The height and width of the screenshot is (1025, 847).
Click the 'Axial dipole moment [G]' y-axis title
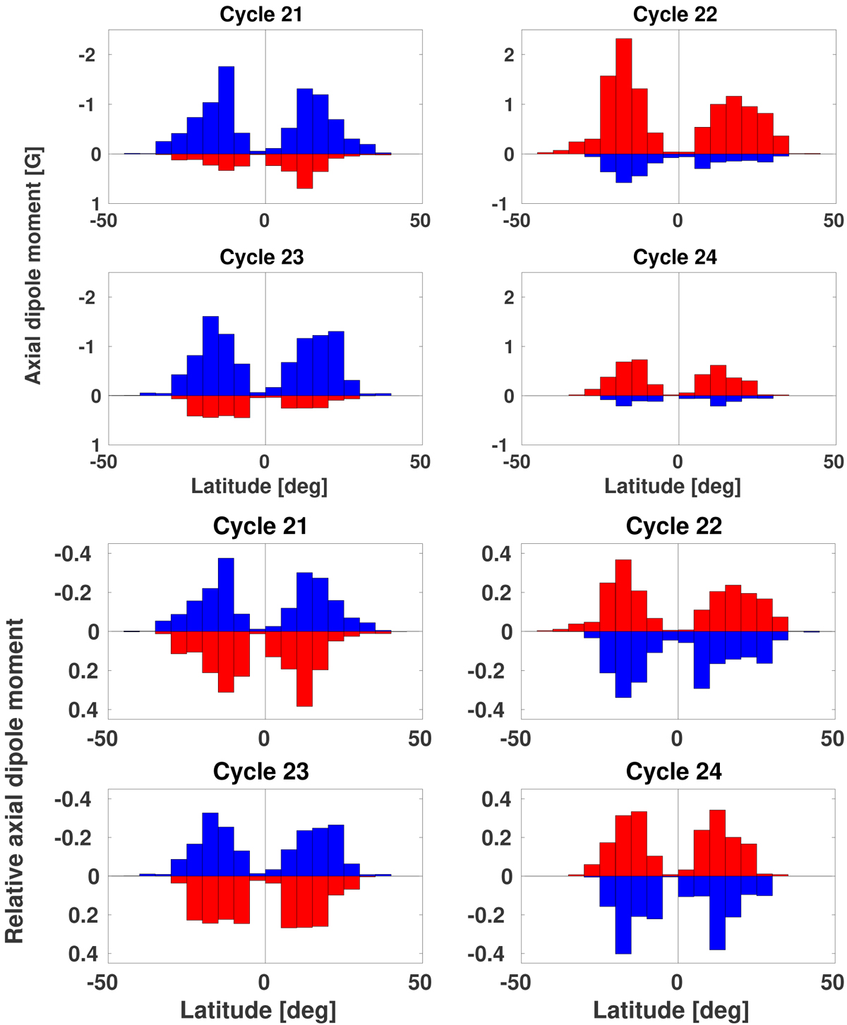click(33, 265)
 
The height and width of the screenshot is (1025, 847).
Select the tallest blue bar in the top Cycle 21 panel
click(226, 110)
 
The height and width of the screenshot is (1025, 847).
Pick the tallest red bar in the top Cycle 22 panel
click(623, 96)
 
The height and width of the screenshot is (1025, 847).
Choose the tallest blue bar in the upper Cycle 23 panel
click(210, 356)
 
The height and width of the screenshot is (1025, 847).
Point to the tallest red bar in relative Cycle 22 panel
click(623, 595)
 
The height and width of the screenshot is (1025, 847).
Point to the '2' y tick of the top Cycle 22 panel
click(507, 55)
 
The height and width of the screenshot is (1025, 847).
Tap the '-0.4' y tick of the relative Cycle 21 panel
click(72, 554)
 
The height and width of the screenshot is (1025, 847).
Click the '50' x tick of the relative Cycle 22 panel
click(833, 739)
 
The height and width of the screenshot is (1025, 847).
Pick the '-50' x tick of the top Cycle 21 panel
click(103, 221)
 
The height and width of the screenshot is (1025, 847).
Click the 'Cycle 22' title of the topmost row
click(675, 15)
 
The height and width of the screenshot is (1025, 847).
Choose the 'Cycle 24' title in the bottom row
click(673, 772)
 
